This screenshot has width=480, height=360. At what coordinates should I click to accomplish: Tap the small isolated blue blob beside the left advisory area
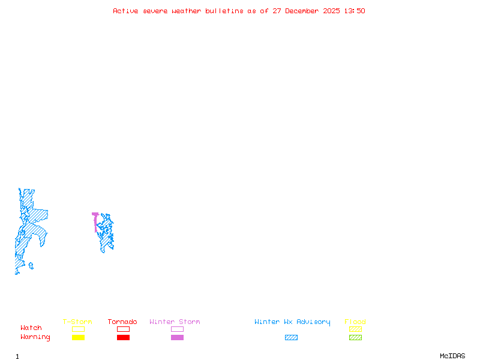31,265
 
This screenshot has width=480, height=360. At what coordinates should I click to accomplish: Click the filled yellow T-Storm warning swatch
78,338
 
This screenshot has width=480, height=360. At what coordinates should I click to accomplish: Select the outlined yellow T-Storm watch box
78,329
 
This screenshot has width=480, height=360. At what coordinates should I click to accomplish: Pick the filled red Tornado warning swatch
123,338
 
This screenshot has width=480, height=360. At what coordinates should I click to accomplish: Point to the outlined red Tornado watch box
123,329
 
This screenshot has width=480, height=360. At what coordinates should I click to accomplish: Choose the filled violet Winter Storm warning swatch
177,338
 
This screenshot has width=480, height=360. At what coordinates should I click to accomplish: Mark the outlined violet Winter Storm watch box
177,329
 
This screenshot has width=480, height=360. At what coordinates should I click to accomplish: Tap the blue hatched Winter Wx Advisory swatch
291,338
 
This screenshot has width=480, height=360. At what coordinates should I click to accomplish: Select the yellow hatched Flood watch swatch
355,329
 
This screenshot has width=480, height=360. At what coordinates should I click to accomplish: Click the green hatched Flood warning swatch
355,338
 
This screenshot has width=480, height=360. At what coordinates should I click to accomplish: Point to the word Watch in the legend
31,328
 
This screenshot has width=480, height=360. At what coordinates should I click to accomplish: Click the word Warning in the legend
35,337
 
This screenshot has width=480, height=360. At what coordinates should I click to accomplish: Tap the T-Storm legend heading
77,322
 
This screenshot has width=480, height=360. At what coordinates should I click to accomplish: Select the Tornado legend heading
122,322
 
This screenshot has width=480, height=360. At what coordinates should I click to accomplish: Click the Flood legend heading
355,322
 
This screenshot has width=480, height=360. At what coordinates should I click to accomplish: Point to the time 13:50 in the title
354,11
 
